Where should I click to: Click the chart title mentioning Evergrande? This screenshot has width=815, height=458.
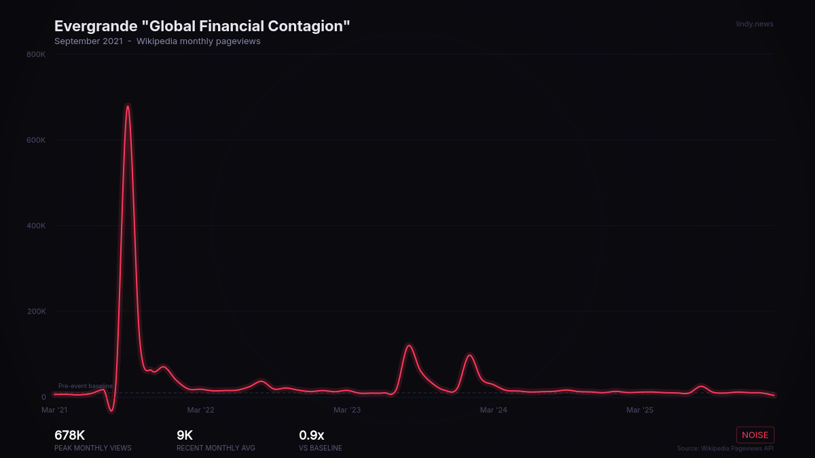point(202,26)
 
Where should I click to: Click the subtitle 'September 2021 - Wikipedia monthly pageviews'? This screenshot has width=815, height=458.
point(157,41)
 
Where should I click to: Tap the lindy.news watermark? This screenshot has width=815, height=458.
point(754,24)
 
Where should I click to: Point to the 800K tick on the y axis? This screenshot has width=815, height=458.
point(36,54)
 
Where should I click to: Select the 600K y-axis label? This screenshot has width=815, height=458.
point(36,140)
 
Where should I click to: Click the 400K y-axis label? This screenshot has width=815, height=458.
point(36,226)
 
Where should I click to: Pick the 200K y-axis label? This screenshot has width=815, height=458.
point(36,311)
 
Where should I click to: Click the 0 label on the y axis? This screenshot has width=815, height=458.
point(43,397)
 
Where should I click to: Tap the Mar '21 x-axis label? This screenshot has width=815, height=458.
point(54,410)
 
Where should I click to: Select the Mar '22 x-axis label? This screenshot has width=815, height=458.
point(200,410)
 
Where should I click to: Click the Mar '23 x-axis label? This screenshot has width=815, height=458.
point(347,410)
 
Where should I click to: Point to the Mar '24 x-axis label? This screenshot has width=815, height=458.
point(493,410)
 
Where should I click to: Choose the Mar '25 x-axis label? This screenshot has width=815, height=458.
point(639,410)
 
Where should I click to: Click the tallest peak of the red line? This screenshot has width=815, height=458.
point(127,107)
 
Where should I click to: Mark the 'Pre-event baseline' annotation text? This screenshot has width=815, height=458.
point(86,386)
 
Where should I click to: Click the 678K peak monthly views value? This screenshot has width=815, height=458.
point(69,436)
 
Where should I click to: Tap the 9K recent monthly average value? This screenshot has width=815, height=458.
point(185,436)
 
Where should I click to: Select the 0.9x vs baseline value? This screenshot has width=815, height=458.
point(311,436)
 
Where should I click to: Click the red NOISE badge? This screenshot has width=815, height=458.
point(755,435)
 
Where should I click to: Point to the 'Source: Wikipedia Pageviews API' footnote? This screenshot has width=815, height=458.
point(725,449)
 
